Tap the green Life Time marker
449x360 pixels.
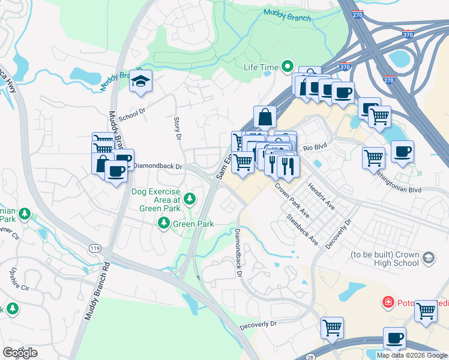(288, 67)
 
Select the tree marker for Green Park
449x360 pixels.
(163, 224)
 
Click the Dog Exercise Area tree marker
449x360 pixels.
(190, 198)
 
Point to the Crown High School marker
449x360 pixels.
(428, 258)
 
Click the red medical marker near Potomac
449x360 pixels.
(388, 302)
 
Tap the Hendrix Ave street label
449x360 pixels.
(322, 196)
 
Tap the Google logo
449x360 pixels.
(20, 353)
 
